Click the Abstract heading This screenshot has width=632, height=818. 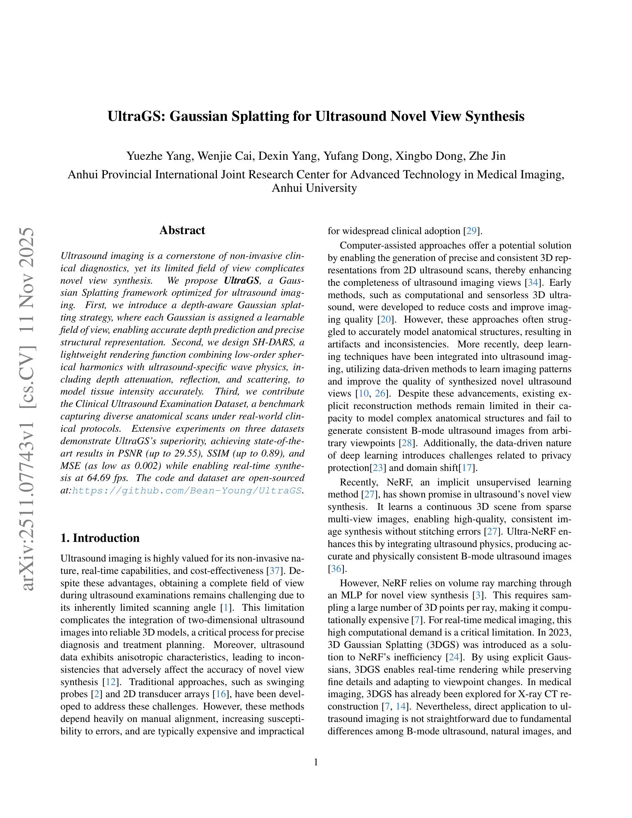(182, 230)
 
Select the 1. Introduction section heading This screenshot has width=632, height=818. (100, 538)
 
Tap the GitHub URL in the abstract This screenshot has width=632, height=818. (187, 491)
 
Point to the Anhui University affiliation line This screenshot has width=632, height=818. (314, 188)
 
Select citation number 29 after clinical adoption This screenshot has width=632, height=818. (471, 231)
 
